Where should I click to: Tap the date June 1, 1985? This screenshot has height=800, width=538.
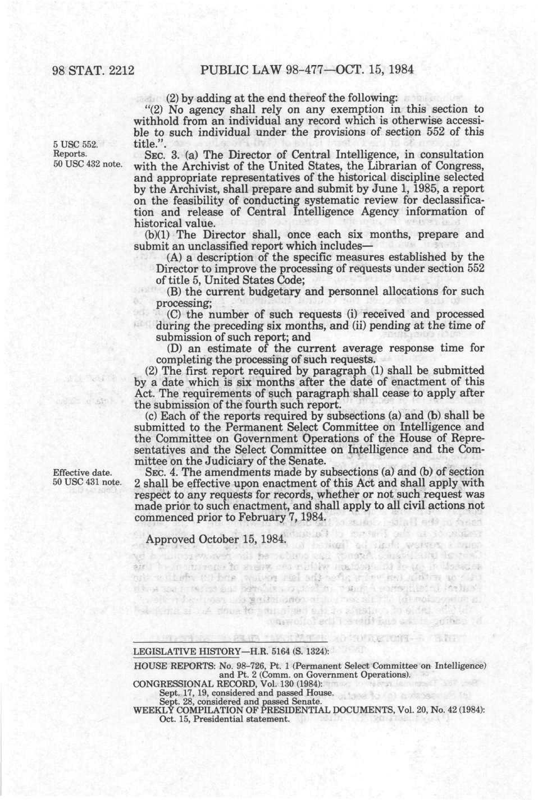click(423, 189)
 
